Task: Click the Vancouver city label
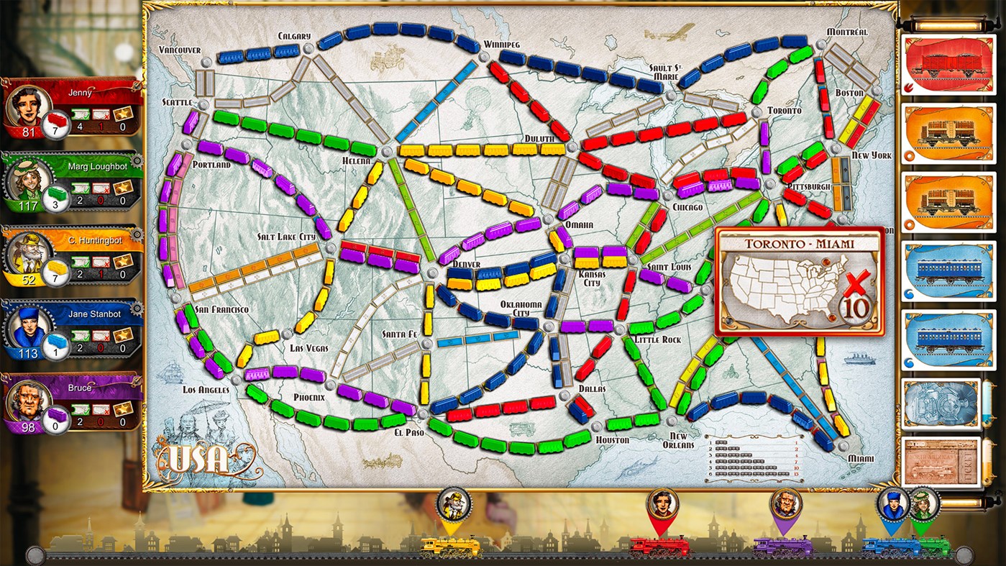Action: [x=180, y=49]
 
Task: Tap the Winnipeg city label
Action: [x=501, y=45]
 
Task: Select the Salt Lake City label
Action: [x=286, y=237]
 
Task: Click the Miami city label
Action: [x=861, y=458]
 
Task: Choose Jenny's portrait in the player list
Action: [x=23, y=106]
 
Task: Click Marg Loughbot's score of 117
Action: [x=29, y=206]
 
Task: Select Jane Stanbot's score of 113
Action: [x=29, y=354]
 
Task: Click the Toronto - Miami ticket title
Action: [x=798, y=243]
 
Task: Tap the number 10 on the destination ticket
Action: [x=856, y=308]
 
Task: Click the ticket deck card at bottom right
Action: [x=941, y=462]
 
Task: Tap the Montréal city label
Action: [x=846, y=32]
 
